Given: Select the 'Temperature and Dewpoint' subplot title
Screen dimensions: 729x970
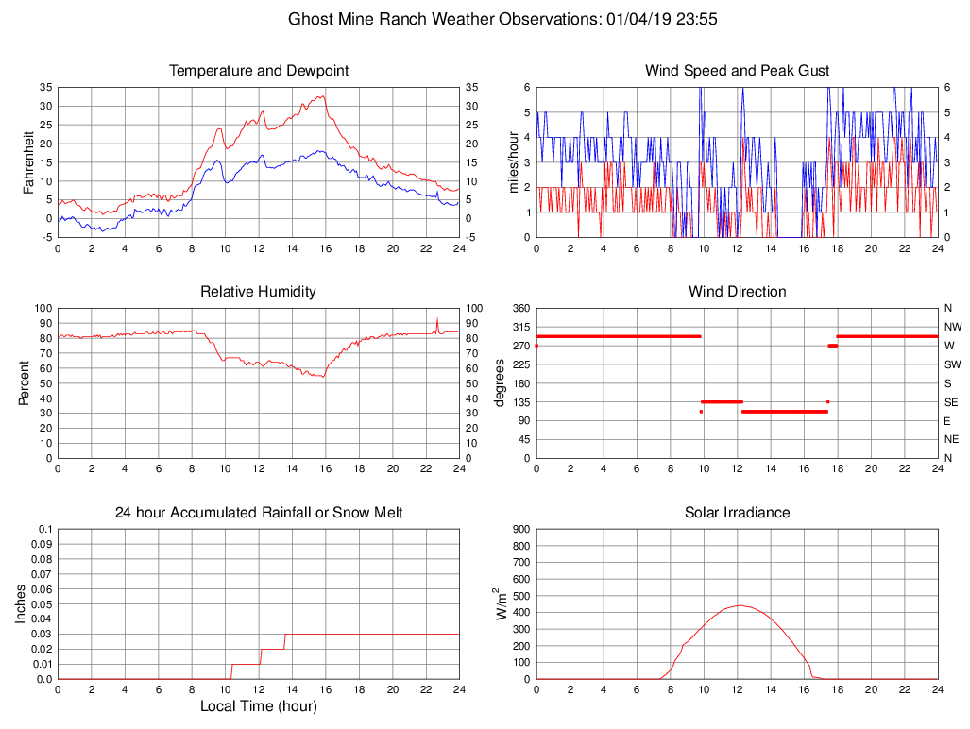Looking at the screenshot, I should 259,71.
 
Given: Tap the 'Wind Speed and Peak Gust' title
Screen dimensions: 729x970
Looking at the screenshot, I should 737,71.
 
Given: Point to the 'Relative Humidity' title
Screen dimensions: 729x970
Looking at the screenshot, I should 259,292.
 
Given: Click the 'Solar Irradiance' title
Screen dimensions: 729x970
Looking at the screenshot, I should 737,513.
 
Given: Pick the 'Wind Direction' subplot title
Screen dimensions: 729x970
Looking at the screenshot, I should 737,292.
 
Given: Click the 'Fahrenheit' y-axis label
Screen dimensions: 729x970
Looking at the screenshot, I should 29,161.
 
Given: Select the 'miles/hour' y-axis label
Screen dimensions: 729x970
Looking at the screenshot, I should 514,161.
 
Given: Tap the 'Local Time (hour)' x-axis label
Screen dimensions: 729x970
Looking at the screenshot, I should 259,706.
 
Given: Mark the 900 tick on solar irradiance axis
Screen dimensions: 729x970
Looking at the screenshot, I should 519,530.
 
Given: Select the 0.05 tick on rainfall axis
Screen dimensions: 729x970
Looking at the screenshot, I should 43,604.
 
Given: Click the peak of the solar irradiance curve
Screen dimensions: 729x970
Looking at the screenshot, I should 739,605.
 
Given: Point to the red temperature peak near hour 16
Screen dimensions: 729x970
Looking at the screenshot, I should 323,96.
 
